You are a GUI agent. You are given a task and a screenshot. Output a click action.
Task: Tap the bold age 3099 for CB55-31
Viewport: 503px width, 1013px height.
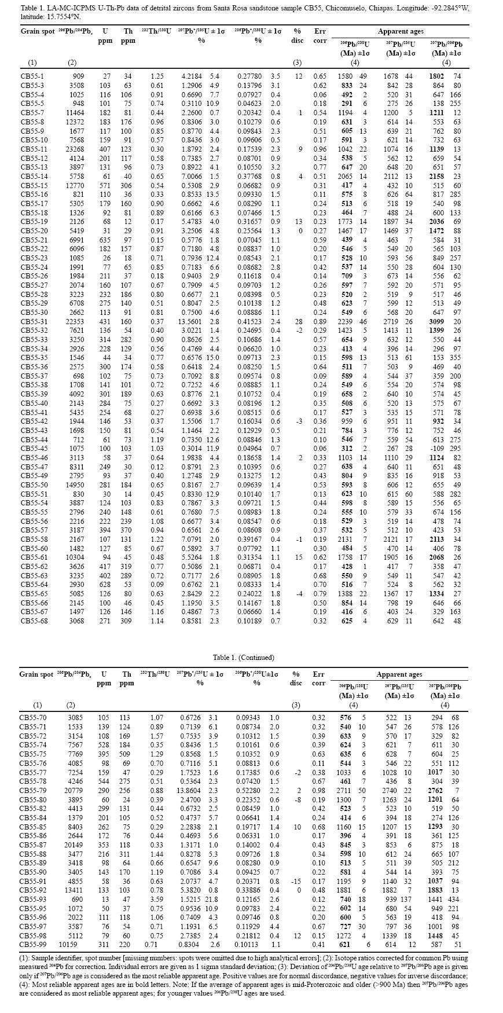(x=436, y=321)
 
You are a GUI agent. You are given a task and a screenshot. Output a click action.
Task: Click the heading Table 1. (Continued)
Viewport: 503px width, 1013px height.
(x=243, y=657)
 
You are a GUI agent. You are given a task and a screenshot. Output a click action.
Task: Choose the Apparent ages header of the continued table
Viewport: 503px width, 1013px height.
(x=399, y=674)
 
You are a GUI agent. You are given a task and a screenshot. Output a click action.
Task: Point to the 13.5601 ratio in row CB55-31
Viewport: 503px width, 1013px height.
(x=192, y=321)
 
